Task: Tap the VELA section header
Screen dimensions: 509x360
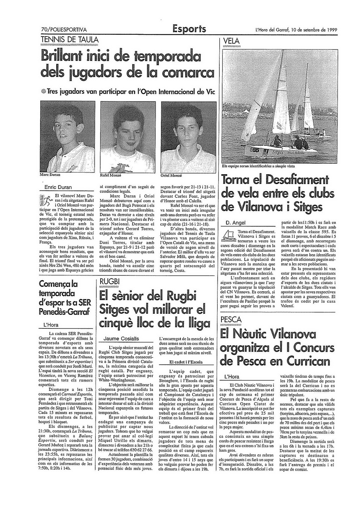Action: click(231, 41)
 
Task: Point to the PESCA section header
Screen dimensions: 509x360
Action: click(231, 320)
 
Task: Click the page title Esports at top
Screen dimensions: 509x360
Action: click(189, 29)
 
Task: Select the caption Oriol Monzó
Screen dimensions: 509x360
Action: click(171, 175)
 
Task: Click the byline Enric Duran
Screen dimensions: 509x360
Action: click(58, 187)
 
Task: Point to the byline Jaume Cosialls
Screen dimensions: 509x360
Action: click(121, 339)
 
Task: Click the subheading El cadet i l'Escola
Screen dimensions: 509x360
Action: click(186, 362)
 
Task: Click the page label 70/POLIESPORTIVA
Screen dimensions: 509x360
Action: click(64, 30)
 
